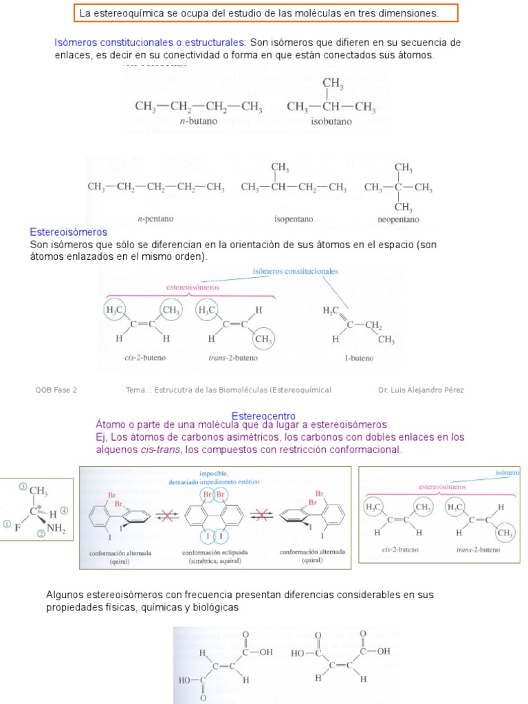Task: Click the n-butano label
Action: click(198, 121)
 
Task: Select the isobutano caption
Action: click(331, 121)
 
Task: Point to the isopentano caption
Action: click(294, 219)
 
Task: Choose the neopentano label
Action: click(398, 219)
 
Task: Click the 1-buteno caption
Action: click(358, 358)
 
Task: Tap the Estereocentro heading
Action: click(263, 416)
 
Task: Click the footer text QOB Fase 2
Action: click(56, 390)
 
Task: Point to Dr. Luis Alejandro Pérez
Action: click(421, 390)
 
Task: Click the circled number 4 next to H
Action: click(64, 511)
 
